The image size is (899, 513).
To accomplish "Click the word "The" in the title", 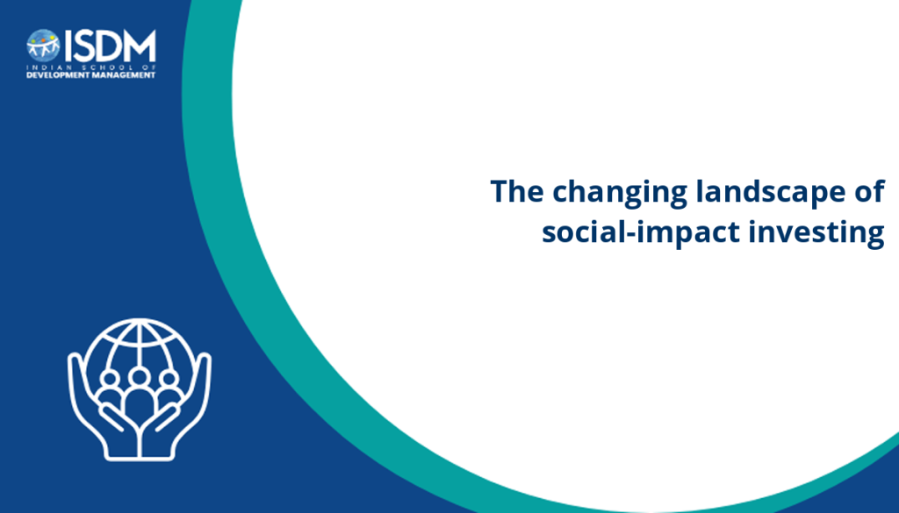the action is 516,190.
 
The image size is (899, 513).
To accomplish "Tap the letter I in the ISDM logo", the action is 68,46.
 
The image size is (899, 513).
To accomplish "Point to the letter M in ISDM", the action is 140,46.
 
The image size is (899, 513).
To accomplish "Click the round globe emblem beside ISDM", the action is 43,46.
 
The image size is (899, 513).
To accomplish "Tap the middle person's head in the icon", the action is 139,377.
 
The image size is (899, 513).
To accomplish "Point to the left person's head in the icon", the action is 110,379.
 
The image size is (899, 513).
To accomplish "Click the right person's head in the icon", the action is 169,379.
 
